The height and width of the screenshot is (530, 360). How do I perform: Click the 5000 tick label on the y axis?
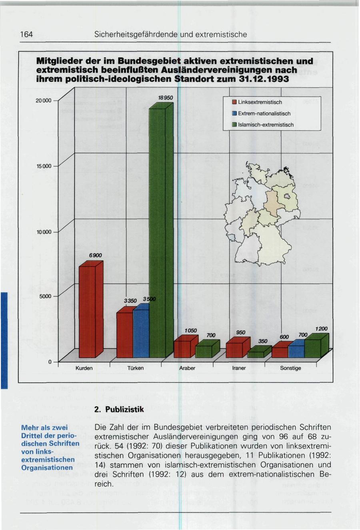tap(46, 296)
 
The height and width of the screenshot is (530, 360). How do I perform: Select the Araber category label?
tap(187, 368)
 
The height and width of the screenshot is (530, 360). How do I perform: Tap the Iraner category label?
tap(239, 368)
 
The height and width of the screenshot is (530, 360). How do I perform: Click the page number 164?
tap(26, 35)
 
